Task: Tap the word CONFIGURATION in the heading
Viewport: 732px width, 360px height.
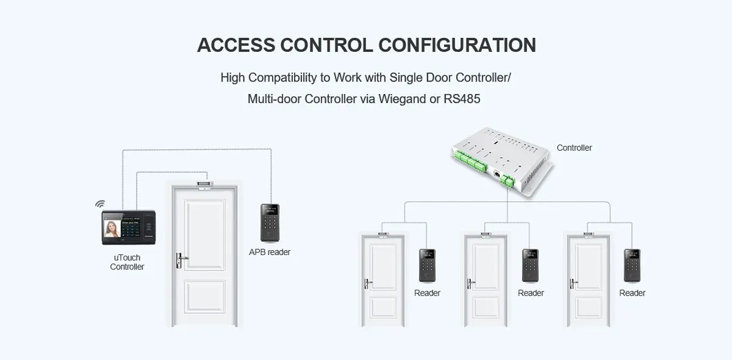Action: tap(457, 45)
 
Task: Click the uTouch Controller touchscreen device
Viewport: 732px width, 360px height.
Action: tap(128, 227)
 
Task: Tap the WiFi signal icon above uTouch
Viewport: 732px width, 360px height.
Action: tap(100, 205)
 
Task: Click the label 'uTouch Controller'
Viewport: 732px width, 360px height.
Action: tap(127, 263)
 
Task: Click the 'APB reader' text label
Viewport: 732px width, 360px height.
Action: tap(269, 252)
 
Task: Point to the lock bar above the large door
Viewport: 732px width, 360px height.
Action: tap(205, 184)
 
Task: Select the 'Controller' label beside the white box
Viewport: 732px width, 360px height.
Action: tap(574, 148)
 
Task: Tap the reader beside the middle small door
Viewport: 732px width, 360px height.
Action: tap(530, 265)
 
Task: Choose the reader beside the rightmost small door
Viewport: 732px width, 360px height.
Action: tap(632, 265)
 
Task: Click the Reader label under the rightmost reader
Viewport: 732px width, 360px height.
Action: tap(632, 293)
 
